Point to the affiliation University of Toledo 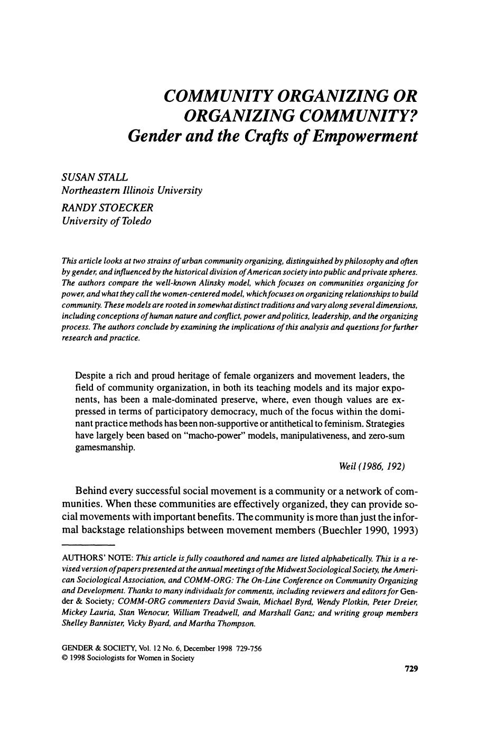pos(106,221)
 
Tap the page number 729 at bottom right pos(411,669)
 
